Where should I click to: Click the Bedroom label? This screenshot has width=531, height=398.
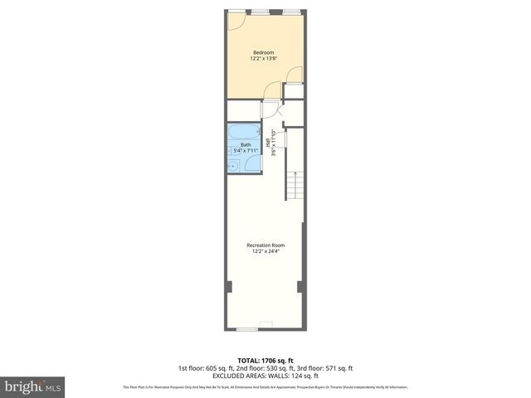pyautogui.click(x=263, y=52)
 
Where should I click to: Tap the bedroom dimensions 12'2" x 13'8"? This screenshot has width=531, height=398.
pyautogui.click(x=263, y=59)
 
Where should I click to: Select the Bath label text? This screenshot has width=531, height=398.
pyautogui.click(x=246, y=145)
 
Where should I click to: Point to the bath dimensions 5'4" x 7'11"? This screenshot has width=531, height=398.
pyautogui.click(x=246, y=151)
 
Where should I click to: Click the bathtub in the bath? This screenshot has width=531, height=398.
pyautogui.click(x=246, y=133)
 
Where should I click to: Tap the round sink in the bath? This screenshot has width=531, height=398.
pyautogui.click(x=233, y=167)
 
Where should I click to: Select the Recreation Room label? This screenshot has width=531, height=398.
pyautogui.click(x=265, y=245)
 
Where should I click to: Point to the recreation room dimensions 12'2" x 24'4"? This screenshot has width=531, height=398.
pyautogui.click(x=265, y=251)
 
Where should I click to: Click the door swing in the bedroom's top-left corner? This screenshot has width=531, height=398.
pyautogui.click(x=235, y=21)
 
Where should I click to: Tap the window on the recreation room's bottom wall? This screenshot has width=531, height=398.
pyautogui.click(x=246, y=329)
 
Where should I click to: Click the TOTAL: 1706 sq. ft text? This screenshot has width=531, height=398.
pyautogui.click(x=265, y=361)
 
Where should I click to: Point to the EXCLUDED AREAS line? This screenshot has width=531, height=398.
pyautogui.click(x=265, y=376)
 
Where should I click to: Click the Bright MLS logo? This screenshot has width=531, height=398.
pyautogui.click(x=32, y=386)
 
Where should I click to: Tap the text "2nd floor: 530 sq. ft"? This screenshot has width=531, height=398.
pyautogui.click(x=265, y=368)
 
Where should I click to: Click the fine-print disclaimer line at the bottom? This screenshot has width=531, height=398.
pyautogui.click(x=265, y=387)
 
